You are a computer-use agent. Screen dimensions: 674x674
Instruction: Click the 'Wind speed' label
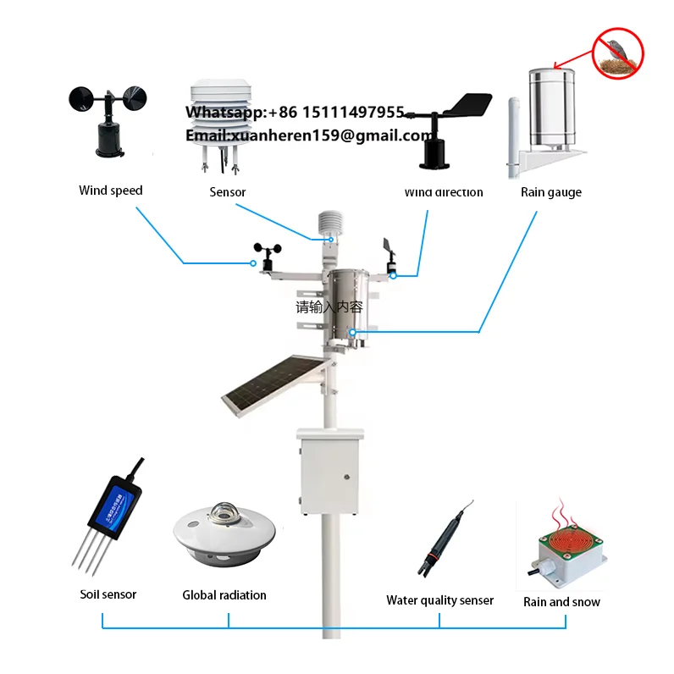[x=111, y=191]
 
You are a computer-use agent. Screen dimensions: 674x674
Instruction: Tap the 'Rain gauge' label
[x=550, y=192]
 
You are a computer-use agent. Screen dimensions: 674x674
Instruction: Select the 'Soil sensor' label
[x=108, y=594]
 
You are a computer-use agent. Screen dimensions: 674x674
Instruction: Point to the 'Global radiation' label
[x=224, y=595]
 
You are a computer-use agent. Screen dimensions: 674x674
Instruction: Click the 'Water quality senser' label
[x=439, y=600]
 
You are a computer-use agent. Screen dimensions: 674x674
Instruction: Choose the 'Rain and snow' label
[x=561, y=602]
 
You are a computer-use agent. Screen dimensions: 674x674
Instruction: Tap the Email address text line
[x=310, y=135]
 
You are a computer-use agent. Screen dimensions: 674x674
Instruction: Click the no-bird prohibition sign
[x=617, y=52]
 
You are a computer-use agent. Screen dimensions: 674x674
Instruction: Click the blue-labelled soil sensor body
[x=116, y=504]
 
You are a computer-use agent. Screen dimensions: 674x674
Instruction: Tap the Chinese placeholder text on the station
[x=329, y=307]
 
